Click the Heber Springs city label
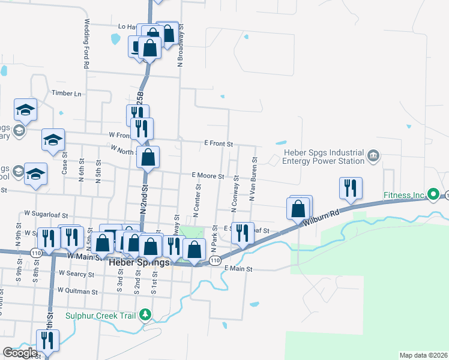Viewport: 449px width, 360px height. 139,262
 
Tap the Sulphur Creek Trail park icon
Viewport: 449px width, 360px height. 145,315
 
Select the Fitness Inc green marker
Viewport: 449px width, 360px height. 433,194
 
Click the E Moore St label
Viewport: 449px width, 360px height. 208,176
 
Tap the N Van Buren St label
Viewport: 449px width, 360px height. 253,179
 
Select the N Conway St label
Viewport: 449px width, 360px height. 235,193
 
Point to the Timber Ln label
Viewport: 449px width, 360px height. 66,94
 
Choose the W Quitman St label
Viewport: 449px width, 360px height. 77,291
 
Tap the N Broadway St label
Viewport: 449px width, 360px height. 179,45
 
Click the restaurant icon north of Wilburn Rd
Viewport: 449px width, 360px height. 349,188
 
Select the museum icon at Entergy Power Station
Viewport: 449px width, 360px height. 373,157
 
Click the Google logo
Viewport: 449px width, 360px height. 20,353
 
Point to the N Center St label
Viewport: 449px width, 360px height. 197,202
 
